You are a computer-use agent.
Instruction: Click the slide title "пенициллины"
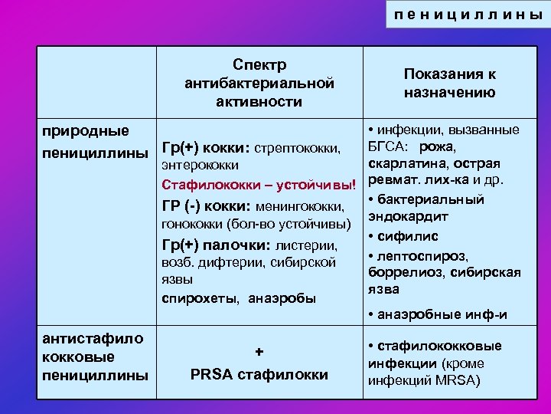pyautogui.click(x=467, y=15)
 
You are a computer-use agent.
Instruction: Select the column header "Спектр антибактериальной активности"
pyautogui.click(x=259, y=82)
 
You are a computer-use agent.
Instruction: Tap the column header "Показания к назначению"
pyautogui.click(x=449, y=83)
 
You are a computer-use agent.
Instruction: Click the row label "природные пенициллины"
pyautogui.click(x=94, y=143)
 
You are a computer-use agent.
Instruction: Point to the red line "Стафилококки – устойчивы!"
pyautogui.click(x=259, y=186)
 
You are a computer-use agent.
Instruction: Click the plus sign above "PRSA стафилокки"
pyautogui.click(x=259, y=352)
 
